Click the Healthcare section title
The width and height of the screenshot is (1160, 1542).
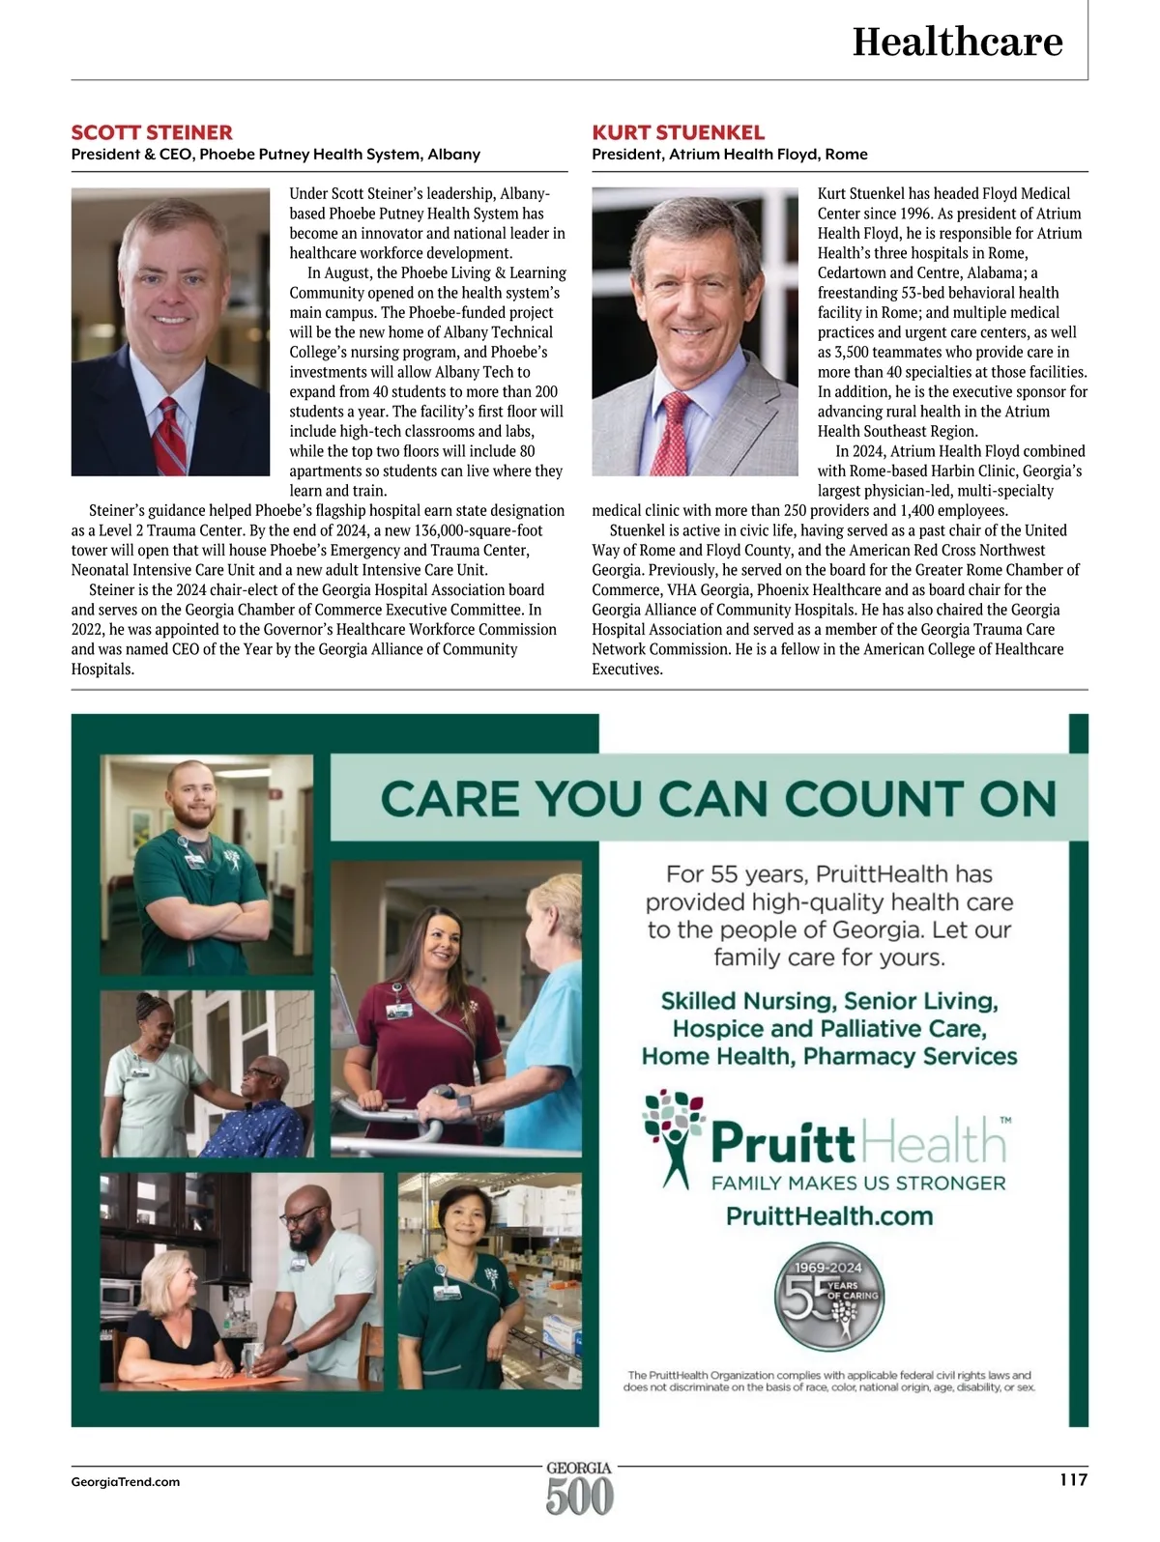point(957,42)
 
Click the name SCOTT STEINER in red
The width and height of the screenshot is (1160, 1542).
point(152,132)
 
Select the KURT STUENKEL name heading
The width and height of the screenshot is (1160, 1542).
point(678,132)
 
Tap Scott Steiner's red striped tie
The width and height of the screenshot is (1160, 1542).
point(171,438)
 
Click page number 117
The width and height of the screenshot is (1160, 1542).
point(1073,1479)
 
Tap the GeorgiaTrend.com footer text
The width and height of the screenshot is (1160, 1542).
point(126,1481)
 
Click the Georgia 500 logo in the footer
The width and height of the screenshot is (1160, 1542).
point(579,1488)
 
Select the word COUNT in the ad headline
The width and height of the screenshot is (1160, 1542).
point(871,799)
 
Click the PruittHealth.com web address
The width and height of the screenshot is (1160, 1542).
point(829,1215)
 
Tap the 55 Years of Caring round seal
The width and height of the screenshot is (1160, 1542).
point(829,1296)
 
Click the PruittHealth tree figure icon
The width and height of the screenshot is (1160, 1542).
point(674,1138)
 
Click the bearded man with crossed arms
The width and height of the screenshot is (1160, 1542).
point(198,850)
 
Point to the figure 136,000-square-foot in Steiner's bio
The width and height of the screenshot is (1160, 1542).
point(478,530)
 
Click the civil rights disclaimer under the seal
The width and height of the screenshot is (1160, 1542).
point(829,1381)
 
